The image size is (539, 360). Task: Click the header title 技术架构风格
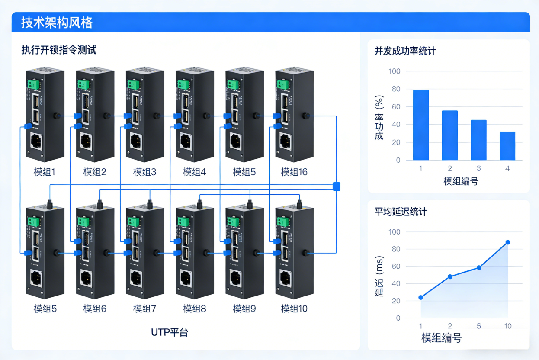(x=57, y=22)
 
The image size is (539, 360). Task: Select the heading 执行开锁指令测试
(x=59, y=50)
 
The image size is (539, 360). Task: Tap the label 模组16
(x=294, y=172)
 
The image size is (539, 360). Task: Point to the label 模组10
(x=294, y=309)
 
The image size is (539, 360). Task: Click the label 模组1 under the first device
(x=45, y=172)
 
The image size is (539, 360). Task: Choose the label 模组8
(x=194, y=309)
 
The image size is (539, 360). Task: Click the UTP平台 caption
(x=170, y=332)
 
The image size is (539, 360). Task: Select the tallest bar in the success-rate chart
(x=421, y=125)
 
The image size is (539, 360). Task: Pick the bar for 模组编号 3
(x=478, y=140)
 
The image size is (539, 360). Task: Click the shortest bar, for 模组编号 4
(x=507, y=146)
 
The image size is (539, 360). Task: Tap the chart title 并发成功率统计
(x=405, y=51)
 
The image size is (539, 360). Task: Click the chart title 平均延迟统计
(x=401, y=212)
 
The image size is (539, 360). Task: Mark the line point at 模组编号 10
(x=508, y=242)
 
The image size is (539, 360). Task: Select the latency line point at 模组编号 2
(x=450, y=276)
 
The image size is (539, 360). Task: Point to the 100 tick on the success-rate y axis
(x=395, y=71)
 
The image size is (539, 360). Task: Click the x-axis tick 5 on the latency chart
(x=479, y=326)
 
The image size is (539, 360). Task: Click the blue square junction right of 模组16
(x=337, y=186)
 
